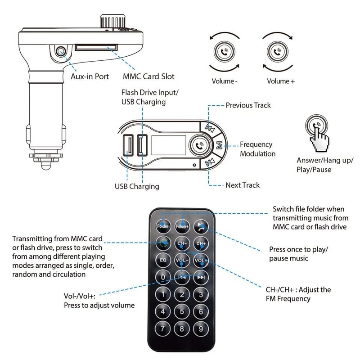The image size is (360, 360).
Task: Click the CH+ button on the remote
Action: coord(201,243)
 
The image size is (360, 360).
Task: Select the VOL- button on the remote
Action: coord(182,260)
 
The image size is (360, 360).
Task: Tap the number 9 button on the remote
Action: coord(201,328)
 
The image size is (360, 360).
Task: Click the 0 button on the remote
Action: coord(163,277)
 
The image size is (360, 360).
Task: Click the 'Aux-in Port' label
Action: coord(90,76)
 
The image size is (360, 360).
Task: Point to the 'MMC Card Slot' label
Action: coord(148,76)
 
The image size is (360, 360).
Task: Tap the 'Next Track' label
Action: coord(243,185)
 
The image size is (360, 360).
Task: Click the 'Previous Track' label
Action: coord(248,105)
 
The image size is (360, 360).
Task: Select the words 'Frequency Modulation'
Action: coord(257,149)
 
